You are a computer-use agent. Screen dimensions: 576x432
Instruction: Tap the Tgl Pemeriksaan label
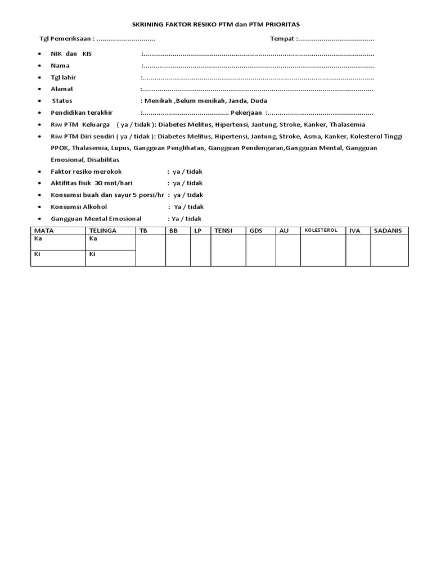click(65, 39)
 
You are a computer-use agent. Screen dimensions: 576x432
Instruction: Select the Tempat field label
click(282, 39)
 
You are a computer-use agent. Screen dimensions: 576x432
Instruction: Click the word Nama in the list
click(60, 65)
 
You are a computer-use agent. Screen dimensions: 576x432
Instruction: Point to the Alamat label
click(62, 89)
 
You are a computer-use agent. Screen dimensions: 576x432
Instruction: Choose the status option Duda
click(259, 101)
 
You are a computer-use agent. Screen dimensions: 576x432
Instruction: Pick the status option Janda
click(236, 101)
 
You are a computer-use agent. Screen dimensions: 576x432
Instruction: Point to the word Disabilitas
click(103, 160)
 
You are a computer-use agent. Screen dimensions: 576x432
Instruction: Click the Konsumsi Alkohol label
click(79, 206)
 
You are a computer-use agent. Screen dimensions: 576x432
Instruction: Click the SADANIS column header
click(388, 231)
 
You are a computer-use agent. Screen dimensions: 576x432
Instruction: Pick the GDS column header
click(255, 231)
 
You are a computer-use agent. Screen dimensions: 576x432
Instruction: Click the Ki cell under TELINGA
click(110, 258)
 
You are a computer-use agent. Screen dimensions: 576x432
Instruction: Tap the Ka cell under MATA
click(58, 242)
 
